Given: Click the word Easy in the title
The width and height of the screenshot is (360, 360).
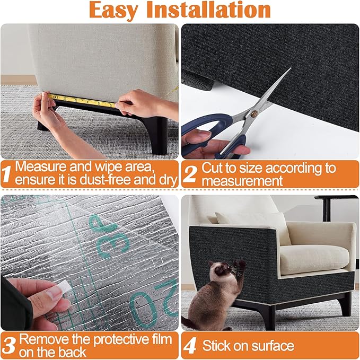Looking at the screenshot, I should tap(116, 11).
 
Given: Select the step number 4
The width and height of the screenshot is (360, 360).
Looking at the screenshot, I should tap(189, 346).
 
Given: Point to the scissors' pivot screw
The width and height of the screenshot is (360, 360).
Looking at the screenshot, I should tap(253, 113).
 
